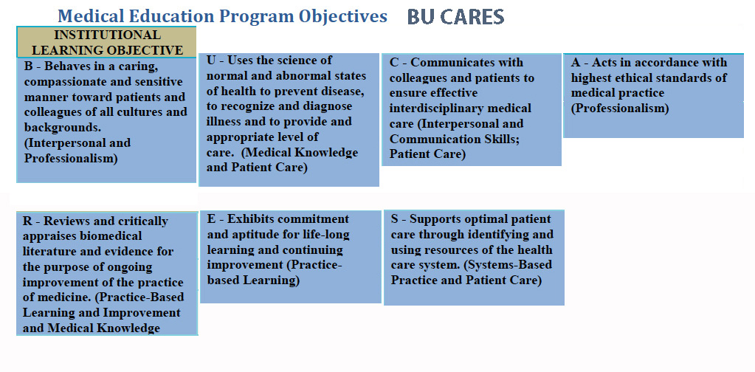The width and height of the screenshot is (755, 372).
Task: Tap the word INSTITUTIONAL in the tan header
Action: coord(107,35)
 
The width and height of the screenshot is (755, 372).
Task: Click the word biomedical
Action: coord(114,235)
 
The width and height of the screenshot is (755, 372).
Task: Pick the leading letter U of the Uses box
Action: coord(211,61)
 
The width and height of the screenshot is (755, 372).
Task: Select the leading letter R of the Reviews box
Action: coord(27,221)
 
